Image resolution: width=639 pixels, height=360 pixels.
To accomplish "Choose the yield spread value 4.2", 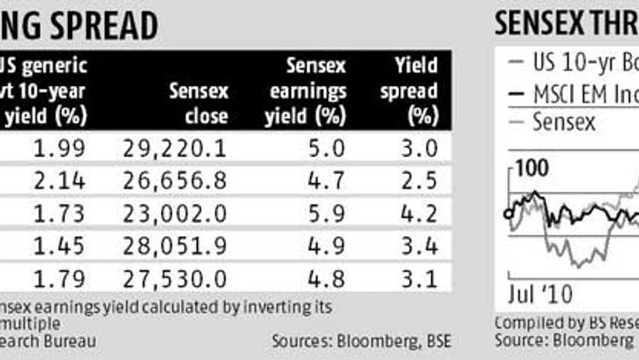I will click(x=423, y=214).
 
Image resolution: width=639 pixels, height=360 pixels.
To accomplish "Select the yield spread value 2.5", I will click(x=423, y=181).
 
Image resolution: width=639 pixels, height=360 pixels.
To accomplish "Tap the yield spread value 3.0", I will click(x=423, y=148).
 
